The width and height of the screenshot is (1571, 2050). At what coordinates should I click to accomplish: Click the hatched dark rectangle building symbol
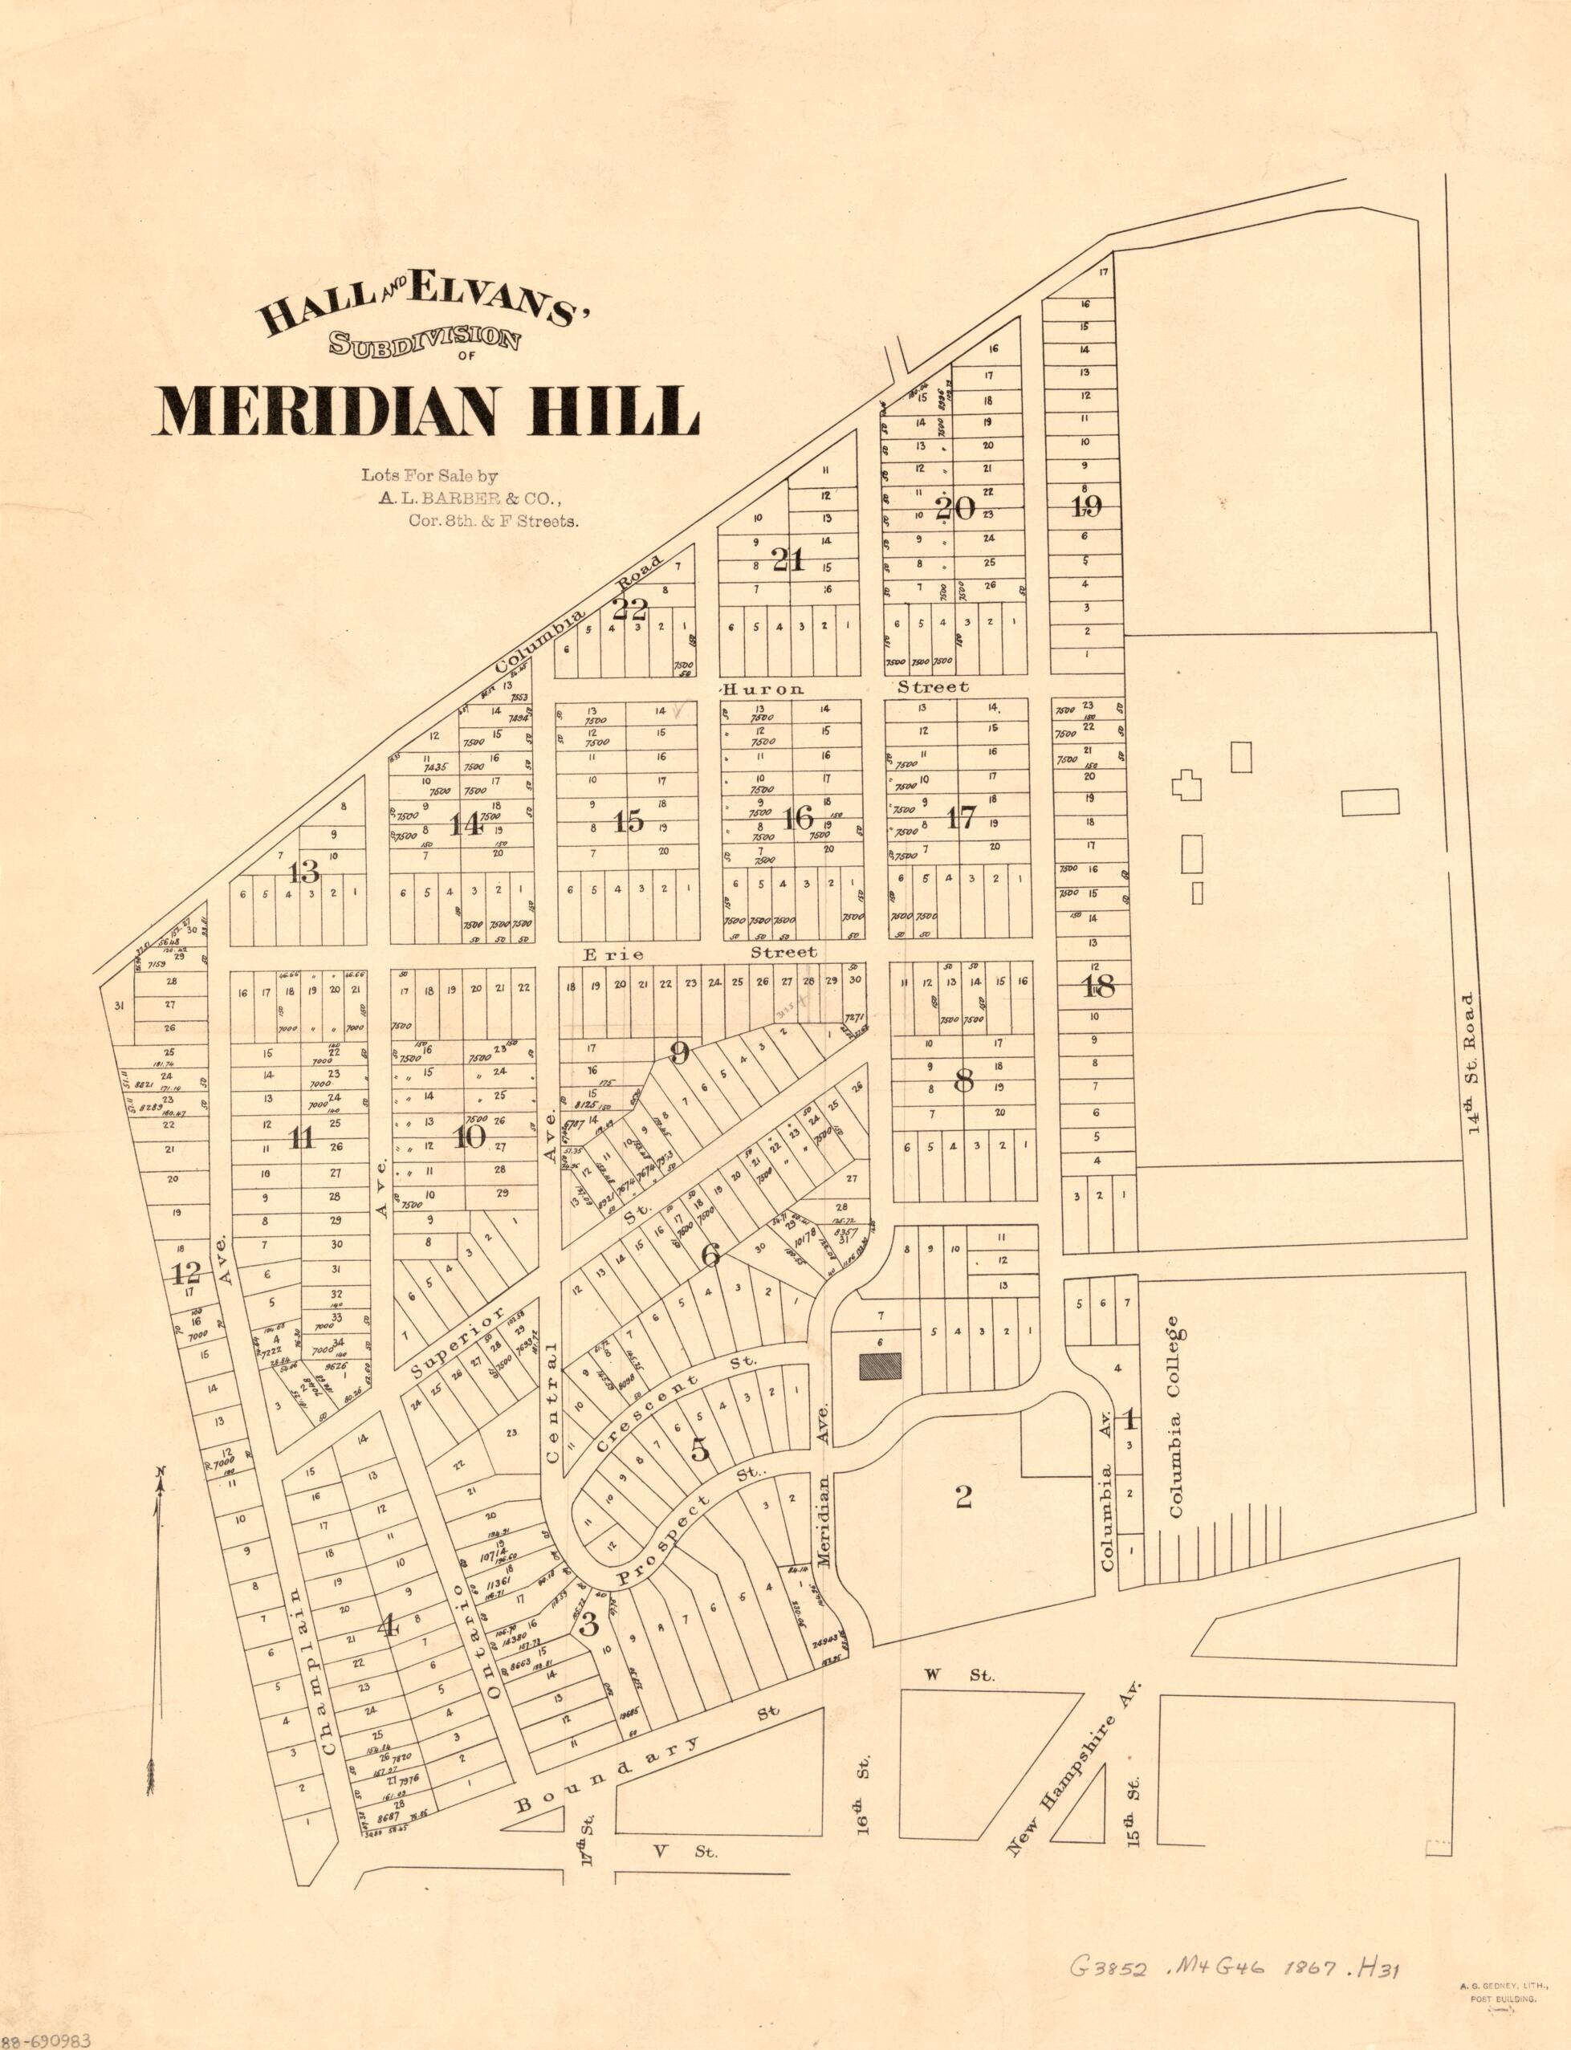point(881,1366)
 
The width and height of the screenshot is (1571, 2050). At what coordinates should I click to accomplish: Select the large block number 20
point(954,509)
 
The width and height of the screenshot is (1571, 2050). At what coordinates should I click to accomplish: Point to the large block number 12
point(186,1272)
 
